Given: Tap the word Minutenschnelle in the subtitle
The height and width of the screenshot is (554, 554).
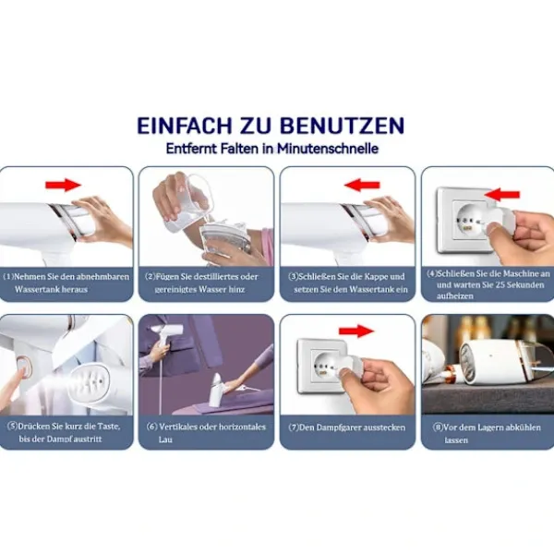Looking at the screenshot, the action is point(328,149).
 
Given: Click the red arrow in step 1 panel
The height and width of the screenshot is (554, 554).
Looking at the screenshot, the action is point(63,185).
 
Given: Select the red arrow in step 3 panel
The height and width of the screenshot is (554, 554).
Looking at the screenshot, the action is point(362,185).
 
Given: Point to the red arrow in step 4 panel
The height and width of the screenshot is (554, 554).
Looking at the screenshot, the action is point(502,194).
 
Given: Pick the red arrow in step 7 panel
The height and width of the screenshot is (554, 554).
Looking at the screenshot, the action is point(356,331).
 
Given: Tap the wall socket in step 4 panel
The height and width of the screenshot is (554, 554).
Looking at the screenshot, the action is point(467,222).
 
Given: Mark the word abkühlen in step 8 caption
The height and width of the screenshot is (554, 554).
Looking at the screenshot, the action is point(523,428).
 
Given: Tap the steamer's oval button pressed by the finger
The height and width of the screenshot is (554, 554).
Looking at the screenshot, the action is point(24,367).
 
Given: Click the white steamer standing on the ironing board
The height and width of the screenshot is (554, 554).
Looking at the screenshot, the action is point(218,390).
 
